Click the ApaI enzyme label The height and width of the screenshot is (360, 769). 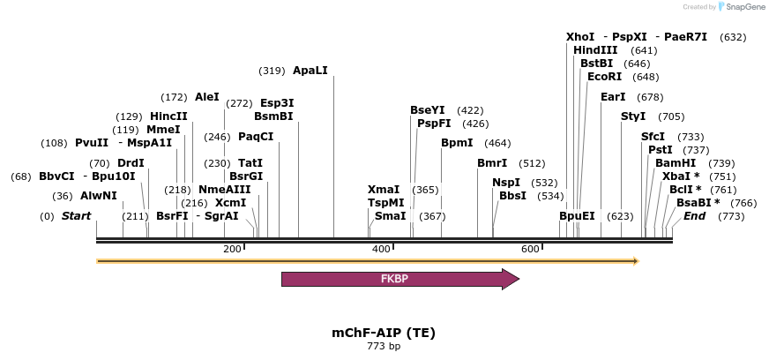pos(310,70)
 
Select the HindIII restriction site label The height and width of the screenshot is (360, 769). pos(595,50)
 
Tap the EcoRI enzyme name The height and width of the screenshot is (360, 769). pos(604,77)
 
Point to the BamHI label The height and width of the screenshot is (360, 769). pos(675,163)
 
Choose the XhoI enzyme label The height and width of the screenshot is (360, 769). pos(580,37)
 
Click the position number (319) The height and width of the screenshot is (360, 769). pos(272,71)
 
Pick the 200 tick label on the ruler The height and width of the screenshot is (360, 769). pos(232,250)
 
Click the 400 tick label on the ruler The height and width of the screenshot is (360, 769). pos(381,250)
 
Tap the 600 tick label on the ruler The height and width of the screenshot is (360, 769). pos(530,250)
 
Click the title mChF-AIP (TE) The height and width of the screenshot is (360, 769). pos(384,333)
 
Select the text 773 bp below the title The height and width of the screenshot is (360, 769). pos(384,346)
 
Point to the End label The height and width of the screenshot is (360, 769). pos(694,216)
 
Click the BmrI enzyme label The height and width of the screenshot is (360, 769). pos(492,163)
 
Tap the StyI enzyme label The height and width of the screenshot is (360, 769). pos(633,116)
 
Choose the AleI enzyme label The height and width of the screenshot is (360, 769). pos(207,96)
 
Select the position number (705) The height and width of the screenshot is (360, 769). pos(671,116)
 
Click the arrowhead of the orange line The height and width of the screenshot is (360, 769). pos(634,261)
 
